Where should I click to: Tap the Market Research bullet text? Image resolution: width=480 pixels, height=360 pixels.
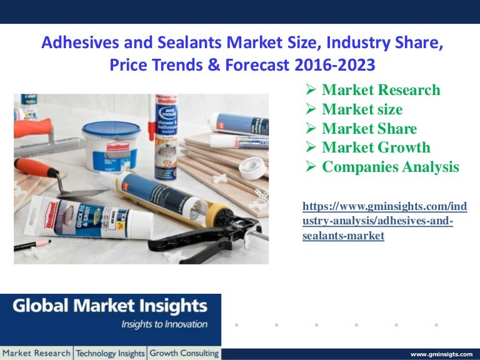coord(381,90)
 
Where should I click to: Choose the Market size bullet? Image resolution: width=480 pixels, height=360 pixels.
coord(362,109)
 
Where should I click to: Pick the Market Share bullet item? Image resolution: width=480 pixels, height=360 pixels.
coord(369,129)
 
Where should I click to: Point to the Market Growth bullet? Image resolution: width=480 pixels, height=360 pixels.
coord(376,147)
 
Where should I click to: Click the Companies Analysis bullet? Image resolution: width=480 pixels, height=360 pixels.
coord(390,167)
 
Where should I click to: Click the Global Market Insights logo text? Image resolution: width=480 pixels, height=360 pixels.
coord(110,306)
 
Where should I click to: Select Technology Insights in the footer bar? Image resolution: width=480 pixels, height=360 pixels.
coord(110,353)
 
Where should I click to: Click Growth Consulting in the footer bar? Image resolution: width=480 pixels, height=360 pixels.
coord(184,353)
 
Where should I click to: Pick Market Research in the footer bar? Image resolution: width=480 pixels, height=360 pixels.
coord(36,353)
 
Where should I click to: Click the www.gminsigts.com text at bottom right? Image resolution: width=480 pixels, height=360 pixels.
coord(441,354)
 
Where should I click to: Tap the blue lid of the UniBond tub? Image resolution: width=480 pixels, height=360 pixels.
coord(111,127)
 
